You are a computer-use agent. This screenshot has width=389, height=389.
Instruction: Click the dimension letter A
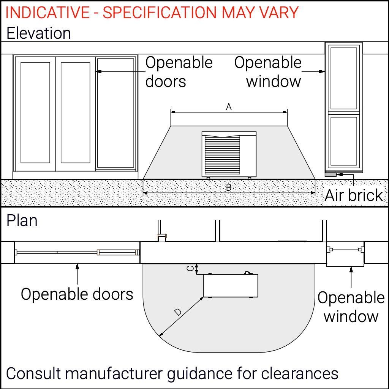tap(229, 108)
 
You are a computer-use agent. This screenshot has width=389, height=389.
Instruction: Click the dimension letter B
tap(229, 187)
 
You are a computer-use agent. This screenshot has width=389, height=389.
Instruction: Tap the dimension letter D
tap(178, 312)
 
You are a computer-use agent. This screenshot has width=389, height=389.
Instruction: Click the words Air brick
tap(354, 195)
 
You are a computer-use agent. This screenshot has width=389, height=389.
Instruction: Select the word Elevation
tap(39, 33)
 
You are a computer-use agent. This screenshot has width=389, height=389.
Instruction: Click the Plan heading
tap(22, 221)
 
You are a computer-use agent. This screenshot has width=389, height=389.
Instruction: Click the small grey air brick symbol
tap(330, 174)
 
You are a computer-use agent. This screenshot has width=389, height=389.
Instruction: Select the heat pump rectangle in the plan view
tap(230, 286)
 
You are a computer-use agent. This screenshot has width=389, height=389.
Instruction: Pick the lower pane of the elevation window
tap(343, 141)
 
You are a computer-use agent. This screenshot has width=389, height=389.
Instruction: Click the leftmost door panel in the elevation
tap(35, 112)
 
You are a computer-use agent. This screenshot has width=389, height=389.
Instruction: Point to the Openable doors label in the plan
tap(77, 294)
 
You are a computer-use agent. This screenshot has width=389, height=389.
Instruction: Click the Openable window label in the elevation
tap(268, 72)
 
